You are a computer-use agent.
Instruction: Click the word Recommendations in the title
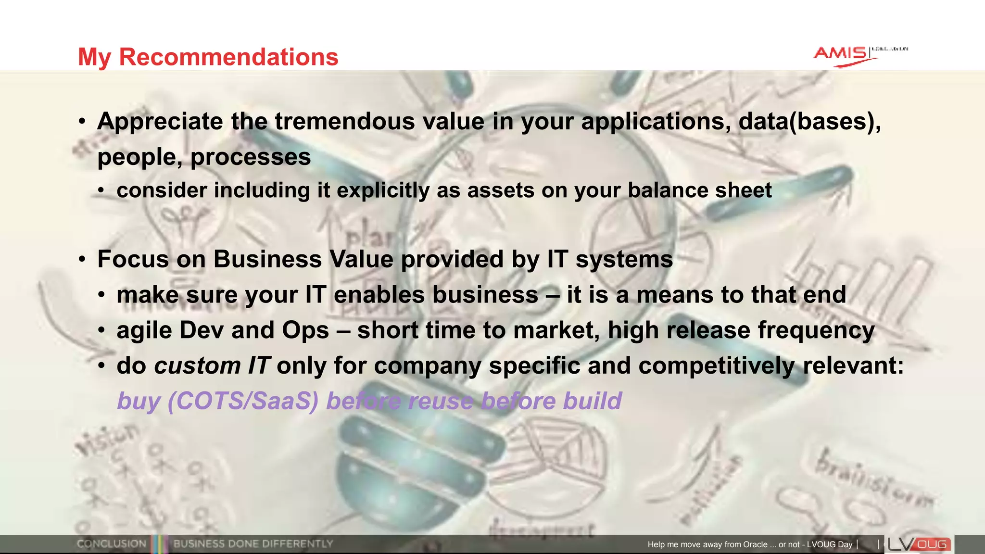228,57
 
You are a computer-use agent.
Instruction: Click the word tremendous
344,121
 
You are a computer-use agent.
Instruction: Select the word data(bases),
809,121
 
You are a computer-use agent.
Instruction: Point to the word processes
251,157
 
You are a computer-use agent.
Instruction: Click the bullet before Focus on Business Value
82,260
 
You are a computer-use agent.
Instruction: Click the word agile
144,330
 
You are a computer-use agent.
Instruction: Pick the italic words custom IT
212,366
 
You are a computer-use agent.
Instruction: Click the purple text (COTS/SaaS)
242,401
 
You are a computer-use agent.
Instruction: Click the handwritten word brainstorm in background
873,481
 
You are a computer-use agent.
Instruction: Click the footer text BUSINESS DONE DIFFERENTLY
253,544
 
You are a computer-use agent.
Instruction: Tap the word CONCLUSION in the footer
111,544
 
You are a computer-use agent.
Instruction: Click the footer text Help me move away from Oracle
707,544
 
